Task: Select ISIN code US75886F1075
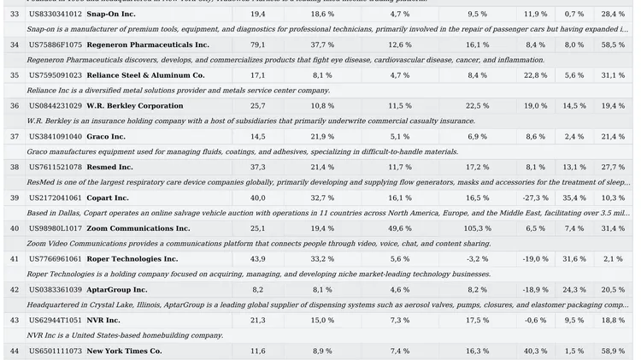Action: tap(56, 45)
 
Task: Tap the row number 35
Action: tap(15, 76)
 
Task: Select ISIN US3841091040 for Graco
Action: tap(56, 137)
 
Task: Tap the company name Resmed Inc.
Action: tap(109, 168)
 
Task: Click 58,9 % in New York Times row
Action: tap(613, 351)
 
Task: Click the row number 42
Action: tap(15, 290)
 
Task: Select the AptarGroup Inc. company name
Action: tap(117, 290)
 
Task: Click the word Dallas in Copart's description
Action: tap(61, 213)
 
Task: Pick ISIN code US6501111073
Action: tap(56, 351)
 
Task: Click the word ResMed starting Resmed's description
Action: tap(41, 182)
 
